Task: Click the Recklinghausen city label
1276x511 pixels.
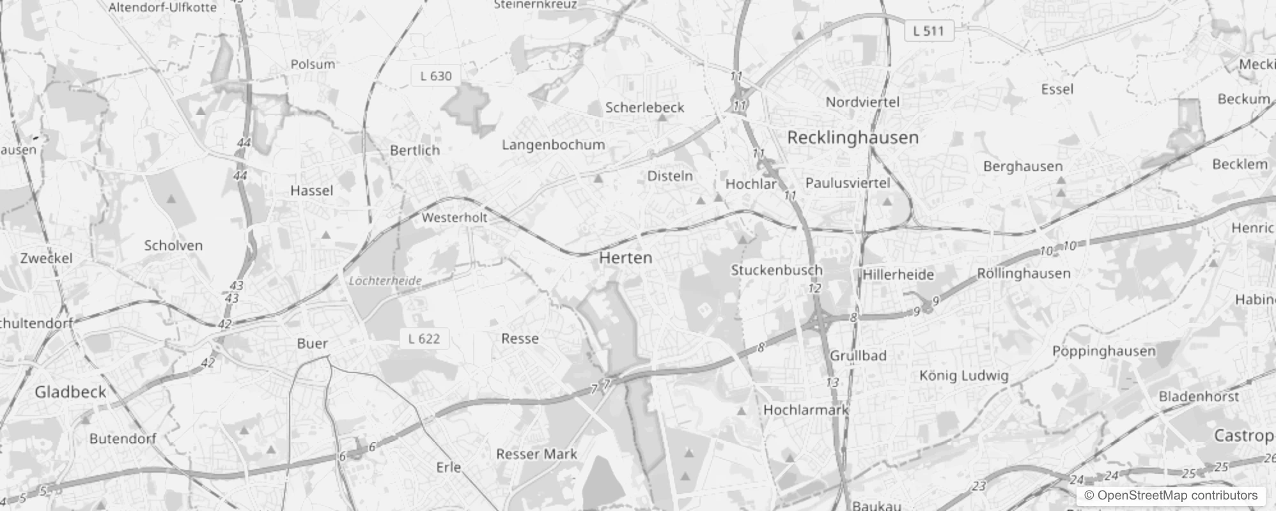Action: (853, 137)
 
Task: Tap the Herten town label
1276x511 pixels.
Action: (626, 258)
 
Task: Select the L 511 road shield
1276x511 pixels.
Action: (928, 31)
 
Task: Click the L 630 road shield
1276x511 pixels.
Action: (436, 76)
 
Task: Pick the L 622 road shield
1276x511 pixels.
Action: (424, 339)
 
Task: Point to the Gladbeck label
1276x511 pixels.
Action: (70, 392)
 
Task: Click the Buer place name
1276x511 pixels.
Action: (313, 344)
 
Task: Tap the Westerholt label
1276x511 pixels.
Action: (455, 218)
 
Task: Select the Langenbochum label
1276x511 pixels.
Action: (553, 145)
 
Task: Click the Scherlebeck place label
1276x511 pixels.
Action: (644, 107)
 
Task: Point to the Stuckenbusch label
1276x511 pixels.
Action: (777, 270)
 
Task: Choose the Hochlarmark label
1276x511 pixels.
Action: (805, 410)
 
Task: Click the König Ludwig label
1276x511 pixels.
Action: (963, 376)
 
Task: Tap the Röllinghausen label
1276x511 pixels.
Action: (1023, 273)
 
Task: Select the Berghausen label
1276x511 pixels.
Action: (1023, 167)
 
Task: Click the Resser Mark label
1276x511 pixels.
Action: (536, 454)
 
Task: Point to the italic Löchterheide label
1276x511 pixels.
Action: (385, 281)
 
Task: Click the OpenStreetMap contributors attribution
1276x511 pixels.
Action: (1171, 495)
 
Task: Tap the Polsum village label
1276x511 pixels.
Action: (313, 64)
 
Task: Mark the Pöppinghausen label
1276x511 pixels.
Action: (1103, 351)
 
